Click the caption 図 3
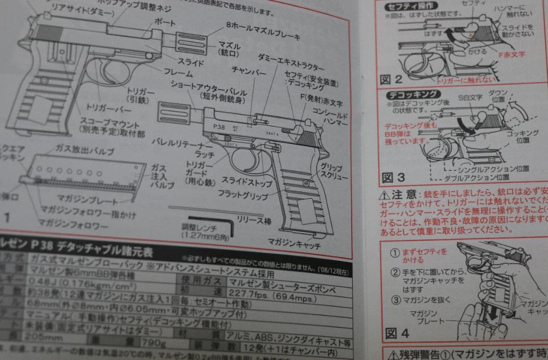click(393, 178)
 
